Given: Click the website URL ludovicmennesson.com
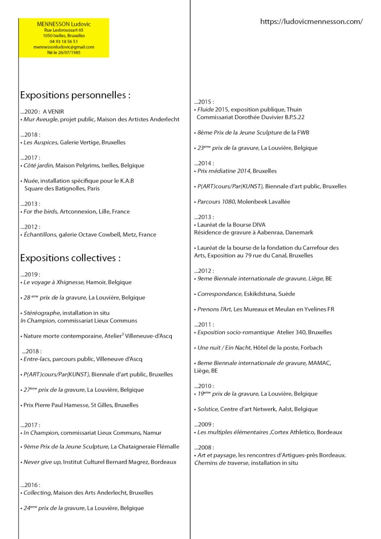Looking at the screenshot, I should [x=311, y=22].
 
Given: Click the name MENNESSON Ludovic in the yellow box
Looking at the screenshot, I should [x=63, y=25].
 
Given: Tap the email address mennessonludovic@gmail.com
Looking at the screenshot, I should [x=63, y=47].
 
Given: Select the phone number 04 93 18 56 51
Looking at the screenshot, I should [x=63, y=41].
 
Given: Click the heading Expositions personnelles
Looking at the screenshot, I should [x=75, y=96].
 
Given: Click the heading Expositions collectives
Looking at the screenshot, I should [x=70, y=258].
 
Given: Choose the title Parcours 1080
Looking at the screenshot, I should [x=215, y=201].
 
